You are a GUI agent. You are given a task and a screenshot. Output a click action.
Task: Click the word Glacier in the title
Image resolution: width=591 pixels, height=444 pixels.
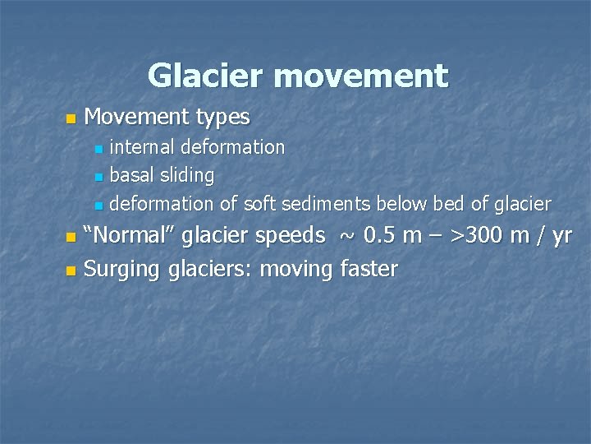207,76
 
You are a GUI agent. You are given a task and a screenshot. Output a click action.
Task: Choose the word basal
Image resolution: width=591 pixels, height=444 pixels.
131,174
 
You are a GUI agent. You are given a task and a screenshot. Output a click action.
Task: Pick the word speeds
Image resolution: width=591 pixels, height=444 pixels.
291,236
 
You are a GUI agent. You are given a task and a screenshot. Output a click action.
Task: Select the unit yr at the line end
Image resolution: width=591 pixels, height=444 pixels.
561,237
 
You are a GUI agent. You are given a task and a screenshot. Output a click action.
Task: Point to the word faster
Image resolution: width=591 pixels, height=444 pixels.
368,268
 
